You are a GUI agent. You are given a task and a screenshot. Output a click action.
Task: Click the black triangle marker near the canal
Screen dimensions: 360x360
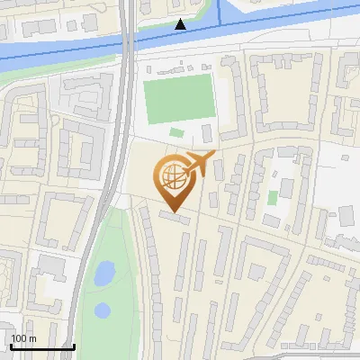tap(181, 24)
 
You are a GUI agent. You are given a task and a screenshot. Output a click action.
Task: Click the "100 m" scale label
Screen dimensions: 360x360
tap(23, 338)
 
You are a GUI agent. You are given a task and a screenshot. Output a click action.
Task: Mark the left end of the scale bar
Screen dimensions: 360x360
tap(10, 346)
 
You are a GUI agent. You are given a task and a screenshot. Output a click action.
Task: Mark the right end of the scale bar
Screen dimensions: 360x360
tap(74, 346)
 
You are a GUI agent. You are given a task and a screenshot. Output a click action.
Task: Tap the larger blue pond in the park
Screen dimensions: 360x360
tap(104, 272)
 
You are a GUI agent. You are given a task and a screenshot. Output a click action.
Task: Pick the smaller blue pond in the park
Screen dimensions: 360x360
tap(103, 311)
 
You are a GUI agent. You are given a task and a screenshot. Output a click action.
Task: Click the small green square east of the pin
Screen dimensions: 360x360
tap(273, 197)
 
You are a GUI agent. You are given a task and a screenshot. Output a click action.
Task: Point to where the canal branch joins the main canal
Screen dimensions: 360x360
tap(220, 27)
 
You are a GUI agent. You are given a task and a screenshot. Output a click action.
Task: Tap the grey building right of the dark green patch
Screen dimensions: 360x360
tap(207, 133)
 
